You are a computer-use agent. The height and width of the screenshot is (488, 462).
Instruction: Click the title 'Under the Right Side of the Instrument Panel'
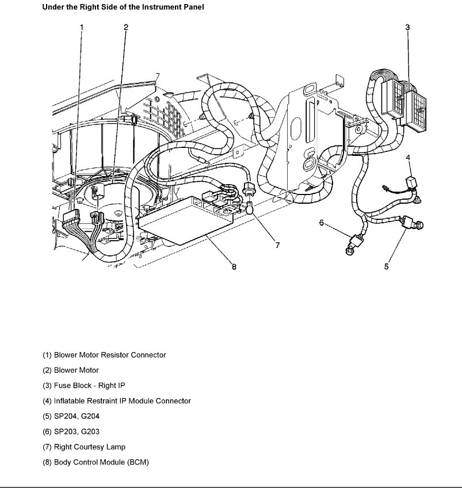tap(123, 8)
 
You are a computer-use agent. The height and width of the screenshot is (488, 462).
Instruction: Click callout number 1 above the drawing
tap(82, 27)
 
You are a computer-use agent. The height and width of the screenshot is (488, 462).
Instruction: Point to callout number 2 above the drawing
tap(126, 27)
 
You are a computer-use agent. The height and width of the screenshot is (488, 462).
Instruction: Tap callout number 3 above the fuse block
tap(407, 27)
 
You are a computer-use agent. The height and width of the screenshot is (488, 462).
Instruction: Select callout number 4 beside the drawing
tap(408, 158)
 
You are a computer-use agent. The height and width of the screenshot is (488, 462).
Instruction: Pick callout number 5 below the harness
tap(387, 266)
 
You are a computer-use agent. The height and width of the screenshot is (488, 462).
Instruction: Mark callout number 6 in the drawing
tap(322, 223)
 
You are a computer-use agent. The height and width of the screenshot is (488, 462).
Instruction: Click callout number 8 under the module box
tap(234, 266)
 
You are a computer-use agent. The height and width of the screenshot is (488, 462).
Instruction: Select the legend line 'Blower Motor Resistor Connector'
tap(104, 355)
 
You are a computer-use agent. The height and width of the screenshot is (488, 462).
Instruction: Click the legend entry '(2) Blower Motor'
tap(71, 371)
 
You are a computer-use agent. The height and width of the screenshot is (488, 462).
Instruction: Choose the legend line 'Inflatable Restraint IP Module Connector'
tap(117, 401)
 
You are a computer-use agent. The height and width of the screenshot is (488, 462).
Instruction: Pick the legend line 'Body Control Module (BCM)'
tap(96, 462)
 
